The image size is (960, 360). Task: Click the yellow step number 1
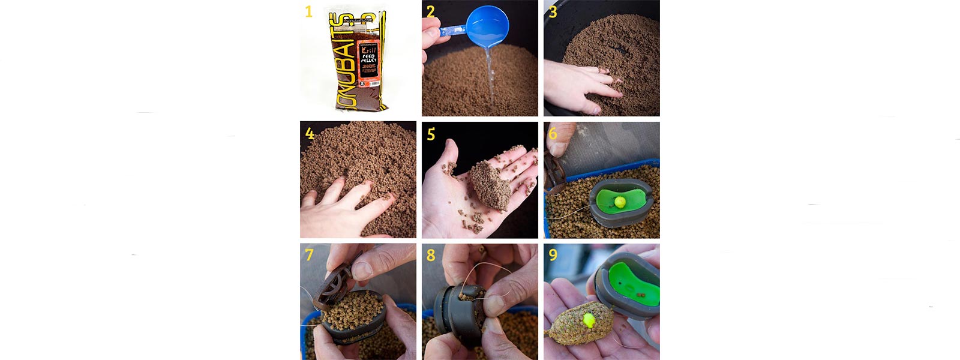(x=308, y=11)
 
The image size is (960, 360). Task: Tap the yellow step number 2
(x=431, y=11)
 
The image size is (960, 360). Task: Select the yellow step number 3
(x=553, y=11)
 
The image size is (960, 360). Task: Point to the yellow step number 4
(x=310, y=133)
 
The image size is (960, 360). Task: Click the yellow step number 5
(x=431, y=134)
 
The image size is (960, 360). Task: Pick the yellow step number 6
(x=553, y=133)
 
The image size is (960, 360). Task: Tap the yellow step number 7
(x=309, y=255)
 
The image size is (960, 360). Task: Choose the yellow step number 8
(x=431, y=255)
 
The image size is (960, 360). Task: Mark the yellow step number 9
(x=553, y=255)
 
